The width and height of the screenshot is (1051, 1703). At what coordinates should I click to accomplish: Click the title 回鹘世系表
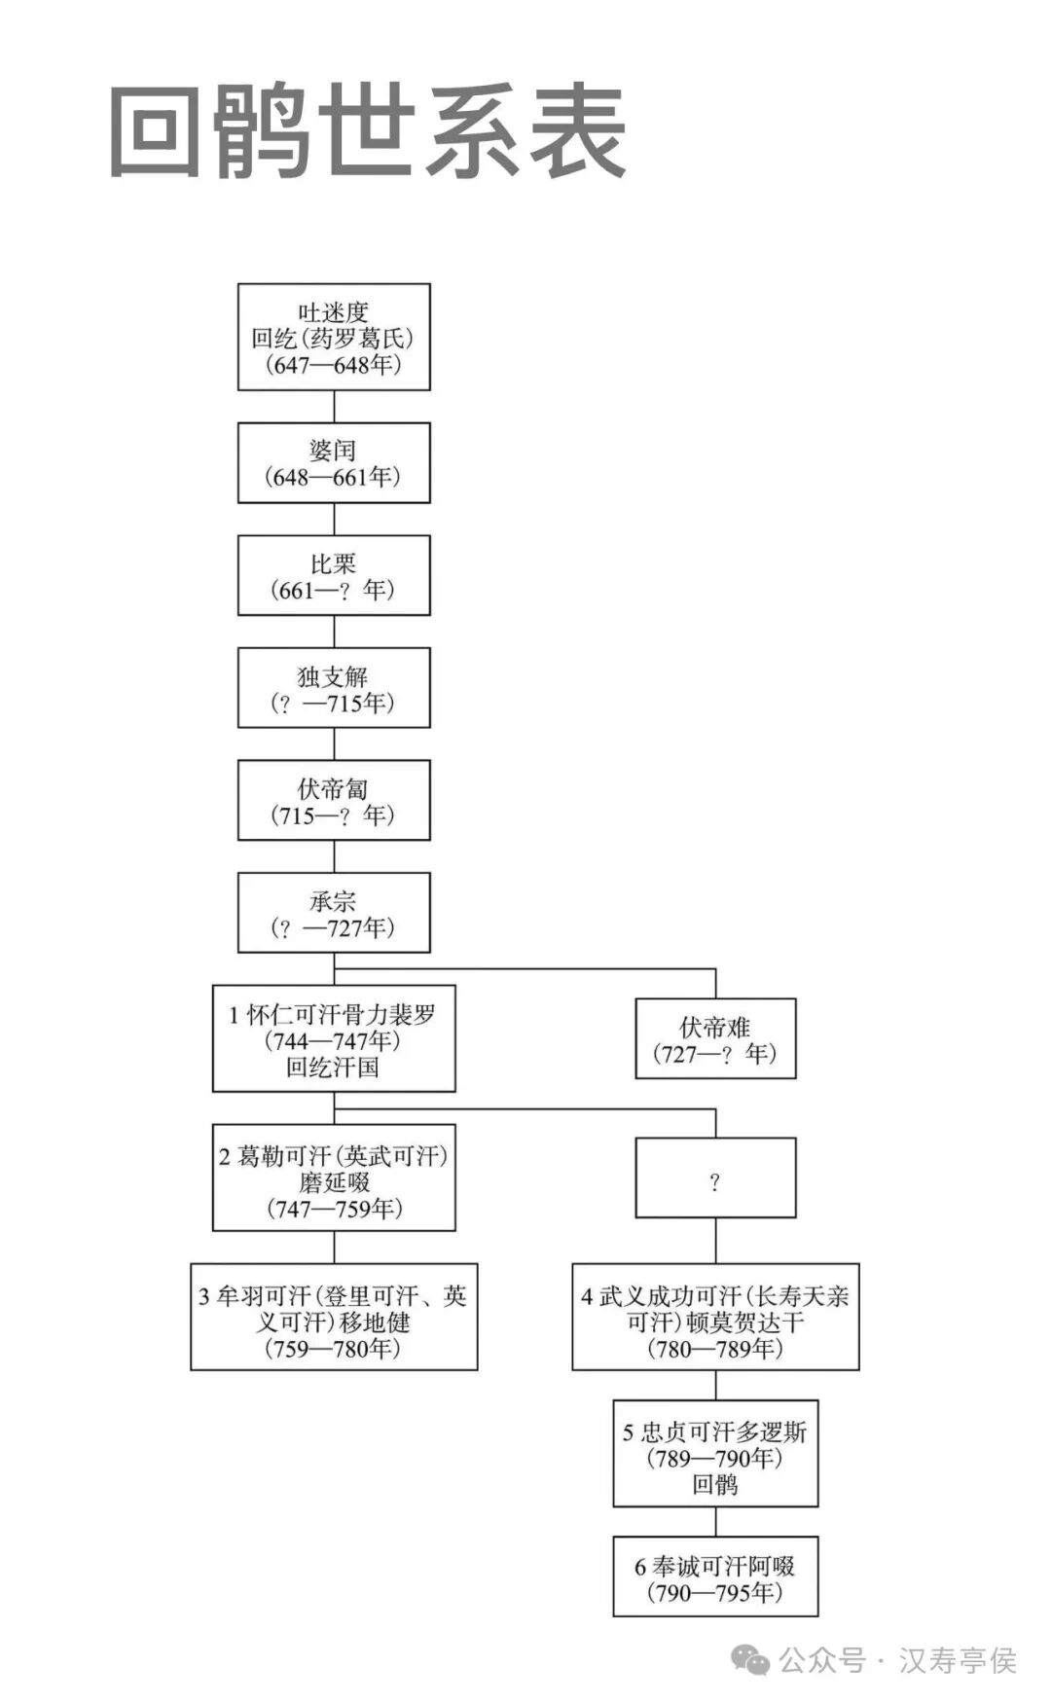click(x=368, y=131)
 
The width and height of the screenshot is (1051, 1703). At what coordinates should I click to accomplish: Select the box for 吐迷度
click(x=334, y=337)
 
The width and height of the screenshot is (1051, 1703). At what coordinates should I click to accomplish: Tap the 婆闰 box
click(x=334, y=462)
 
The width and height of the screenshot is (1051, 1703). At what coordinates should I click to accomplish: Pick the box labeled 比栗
click(x=334, y=575)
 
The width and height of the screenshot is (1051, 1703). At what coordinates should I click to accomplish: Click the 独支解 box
click(x=334, y=688)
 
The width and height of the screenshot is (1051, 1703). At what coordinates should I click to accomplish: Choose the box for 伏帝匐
click(x=334, y=800)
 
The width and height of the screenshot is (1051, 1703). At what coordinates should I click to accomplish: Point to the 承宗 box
click(x=334, y=913)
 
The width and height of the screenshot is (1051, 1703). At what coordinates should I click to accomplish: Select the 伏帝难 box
click(x=715, y=1038)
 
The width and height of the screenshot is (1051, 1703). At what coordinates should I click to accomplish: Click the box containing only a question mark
click(x=715, y=1178)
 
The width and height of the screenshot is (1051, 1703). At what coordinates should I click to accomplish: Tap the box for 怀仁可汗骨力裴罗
click(x=334, y=1038)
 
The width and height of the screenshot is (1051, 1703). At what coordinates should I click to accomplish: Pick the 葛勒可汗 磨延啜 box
click(x=334, y=1178)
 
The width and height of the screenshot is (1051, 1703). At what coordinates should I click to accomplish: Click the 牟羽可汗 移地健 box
click(x=334, y=1317)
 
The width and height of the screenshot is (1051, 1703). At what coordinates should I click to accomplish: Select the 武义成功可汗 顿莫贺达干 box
click(x=715, y=1317)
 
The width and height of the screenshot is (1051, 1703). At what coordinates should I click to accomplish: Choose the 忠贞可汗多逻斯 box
click(x=715, y=1454)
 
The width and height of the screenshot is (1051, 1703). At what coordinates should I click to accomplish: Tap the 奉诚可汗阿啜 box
click(x=715, y=1576)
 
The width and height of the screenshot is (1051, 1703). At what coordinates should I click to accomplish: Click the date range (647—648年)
click(x=334, y=365)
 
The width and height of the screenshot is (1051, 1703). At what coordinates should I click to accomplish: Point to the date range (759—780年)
click(x=334, y=1349)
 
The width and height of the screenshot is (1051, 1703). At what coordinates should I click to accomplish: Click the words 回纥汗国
click(x=334, y=1068)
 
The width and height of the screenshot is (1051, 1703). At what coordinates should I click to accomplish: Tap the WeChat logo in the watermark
click(x=750, y=1660)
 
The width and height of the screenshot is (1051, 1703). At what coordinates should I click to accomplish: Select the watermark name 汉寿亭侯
click(x=958, y=1660)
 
